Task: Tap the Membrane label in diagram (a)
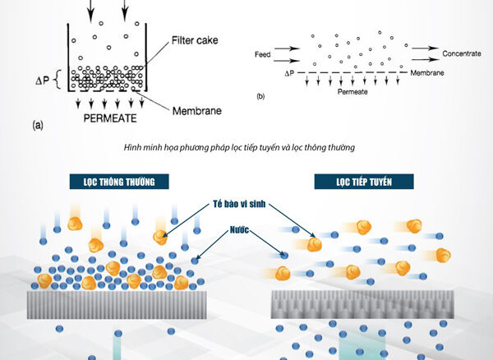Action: (x=197, y=110)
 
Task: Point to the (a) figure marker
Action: (x=38, y=127)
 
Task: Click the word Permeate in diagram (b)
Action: (x=351, y=92)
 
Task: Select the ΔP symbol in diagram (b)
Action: (x=288, y=73)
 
